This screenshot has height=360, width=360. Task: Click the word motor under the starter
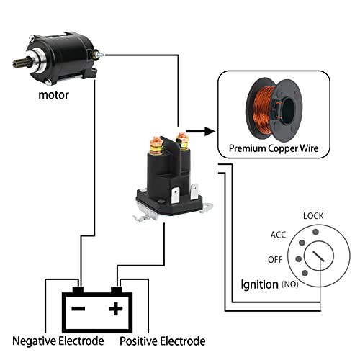click(x=53, y=95)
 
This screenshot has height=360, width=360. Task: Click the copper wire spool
click(x=274, y=109)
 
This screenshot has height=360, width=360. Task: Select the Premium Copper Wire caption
click(x=274, y=148)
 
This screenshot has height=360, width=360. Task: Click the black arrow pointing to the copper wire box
click(x=201, y=131)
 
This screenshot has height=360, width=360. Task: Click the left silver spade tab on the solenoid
click(x=176, y=195)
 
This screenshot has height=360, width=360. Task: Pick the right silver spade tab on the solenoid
click(x=194, y=192)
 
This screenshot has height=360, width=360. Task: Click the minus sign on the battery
click(x=78, y=308)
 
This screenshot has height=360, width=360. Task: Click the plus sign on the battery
click(x=116, y=308)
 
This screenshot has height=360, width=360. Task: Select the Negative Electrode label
click(x=58, y=341)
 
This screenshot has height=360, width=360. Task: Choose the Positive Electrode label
click(x=163, y=341)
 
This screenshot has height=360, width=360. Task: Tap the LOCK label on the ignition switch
click(x=313, y=216)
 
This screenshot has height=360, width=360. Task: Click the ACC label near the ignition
click(x=278, y=235)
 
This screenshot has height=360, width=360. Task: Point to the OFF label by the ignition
click(x=275, y=260)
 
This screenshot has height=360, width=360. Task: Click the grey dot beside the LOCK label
click(x=316, y=232)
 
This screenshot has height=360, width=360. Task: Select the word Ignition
click(x=259, y=284)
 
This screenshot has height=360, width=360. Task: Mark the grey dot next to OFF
click(x=299, y=259)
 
